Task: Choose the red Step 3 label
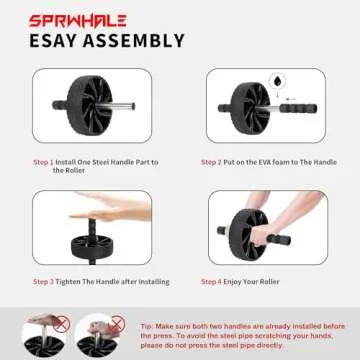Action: (x=44, y=282)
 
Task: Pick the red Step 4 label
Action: (x=212, y=282)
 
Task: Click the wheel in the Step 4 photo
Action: (x=237, y=238)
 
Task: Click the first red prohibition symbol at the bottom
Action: (x=63, y=323)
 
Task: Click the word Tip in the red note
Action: (x=146, y=326)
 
